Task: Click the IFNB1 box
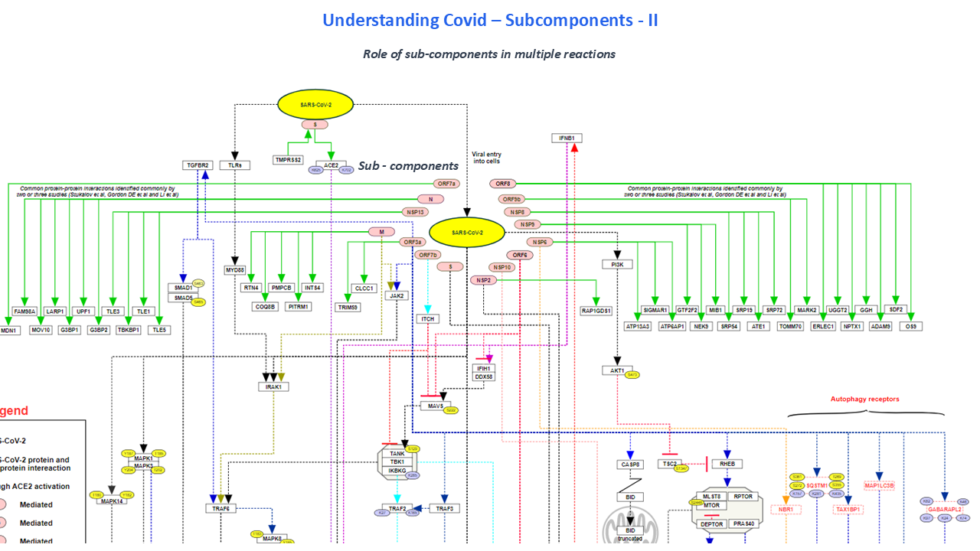567,139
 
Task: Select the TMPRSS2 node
289,160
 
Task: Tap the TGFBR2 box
197,165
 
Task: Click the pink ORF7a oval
446,184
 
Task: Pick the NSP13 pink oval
413,212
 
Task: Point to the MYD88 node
234,270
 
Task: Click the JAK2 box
397,295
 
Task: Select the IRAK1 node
273,387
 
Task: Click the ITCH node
427,318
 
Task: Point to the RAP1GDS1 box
596,311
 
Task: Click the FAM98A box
24,311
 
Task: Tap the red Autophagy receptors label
864,399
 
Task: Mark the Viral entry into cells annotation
486,158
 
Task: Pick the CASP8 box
630,465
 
